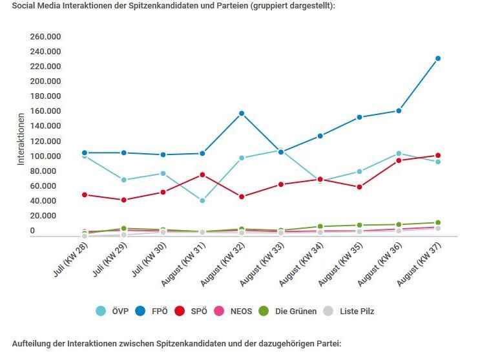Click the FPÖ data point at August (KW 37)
tap(438, 58)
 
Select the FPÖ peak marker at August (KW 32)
tap(242, 113)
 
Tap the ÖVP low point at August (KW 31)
tap(202, 200)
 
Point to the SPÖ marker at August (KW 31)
tap(202, 175)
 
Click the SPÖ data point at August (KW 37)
tap(438, 155)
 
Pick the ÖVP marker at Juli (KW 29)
tap(123, 180)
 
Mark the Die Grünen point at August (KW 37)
tap(438, 222)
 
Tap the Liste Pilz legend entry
tap(350, 311)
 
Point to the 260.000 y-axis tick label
tap(45, 36)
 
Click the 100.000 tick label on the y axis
tap(45, 156)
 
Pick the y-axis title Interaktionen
tap(21, 139)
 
